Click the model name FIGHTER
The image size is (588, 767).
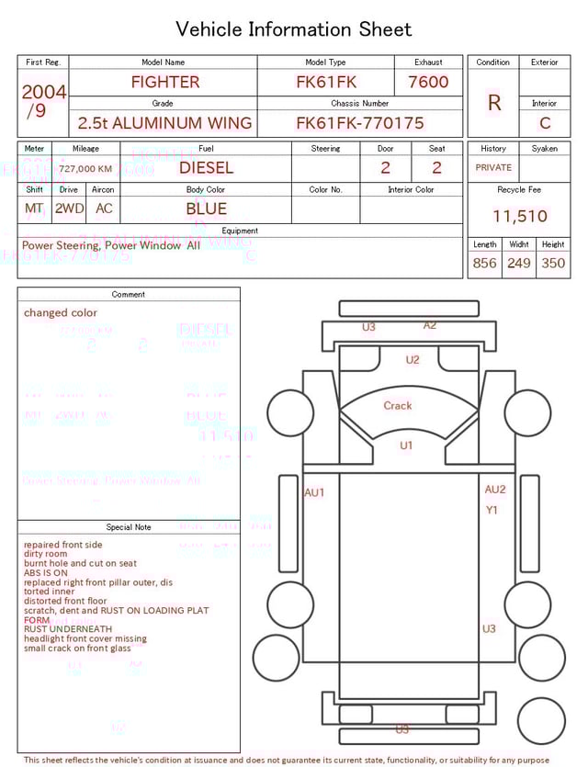point(164,82)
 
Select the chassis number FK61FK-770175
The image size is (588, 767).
point(359,123)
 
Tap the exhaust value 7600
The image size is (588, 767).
point(428,82)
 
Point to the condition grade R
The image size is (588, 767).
point(493,103)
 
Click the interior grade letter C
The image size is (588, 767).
point(545,123)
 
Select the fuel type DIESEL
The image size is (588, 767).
point(206,168)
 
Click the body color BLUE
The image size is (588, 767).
point(206,209)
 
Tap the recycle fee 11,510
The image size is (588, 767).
point(519,217)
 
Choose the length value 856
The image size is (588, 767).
point(484,264)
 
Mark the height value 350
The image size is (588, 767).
point(553,264)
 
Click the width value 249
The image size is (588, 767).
point(519,264)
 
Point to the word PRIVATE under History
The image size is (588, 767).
point(493,168)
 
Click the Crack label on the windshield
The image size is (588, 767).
point(398,406)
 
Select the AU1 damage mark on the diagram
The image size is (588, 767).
point(314,493)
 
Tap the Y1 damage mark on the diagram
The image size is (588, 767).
point(492,510)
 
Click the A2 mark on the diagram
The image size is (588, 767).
point(430,325)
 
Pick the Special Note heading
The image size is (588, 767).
point(129,527)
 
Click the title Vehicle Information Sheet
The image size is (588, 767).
point(294,29)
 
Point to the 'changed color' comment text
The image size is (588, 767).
point(61,313)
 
